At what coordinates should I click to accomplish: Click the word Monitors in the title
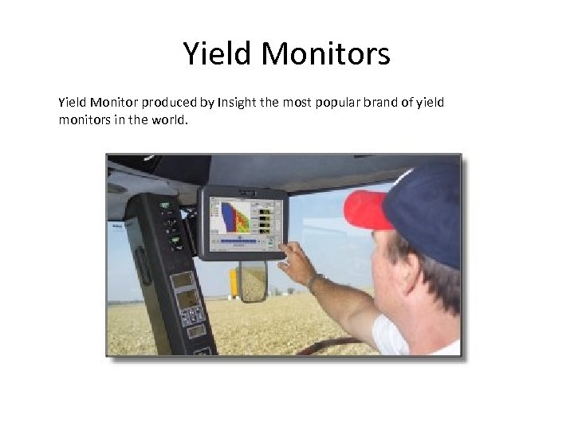325,54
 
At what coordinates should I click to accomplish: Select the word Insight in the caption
235,103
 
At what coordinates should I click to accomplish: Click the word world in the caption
169,119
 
